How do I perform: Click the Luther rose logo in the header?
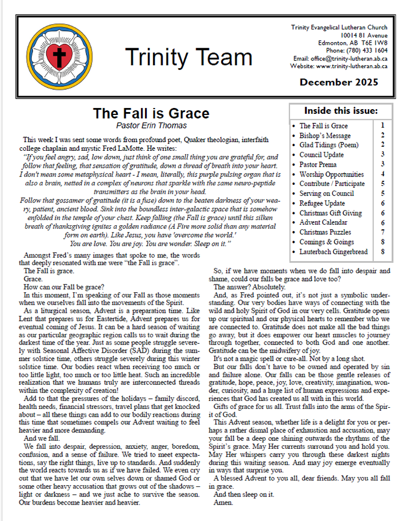[x=58, y=57]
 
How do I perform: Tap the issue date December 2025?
[x=339, y=82]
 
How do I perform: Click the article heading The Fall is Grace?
[x=151, y=113]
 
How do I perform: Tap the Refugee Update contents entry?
[x=322, y=203]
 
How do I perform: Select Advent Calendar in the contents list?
[x=323, y=222]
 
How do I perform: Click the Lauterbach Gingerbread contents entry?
[x=333, y=252]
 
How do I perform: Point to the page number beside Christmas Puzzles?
[x=382, y=232]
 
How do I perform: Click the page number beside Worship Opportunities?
[x=382, y=174]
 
